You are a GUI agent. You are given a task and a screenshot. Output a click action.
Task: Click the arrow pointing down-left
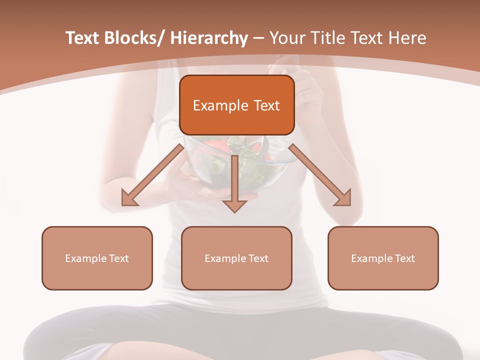pyautogui.click(x=153, y=175)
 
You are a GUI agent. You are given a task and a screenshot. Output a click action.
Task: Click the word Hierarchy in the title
pyautogui.click(x=208, y=38)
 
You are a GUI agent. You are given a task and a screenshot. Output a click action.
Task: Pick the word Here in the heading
pyautogui.click(x=409, y=38)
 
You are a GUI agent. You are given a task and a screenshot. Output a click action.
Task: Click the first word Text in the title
pyautogui.click(x=83, y=38)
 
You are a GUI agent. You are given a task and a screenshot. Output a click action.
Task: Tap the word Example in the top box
pyautogui.click(x=220, y=105)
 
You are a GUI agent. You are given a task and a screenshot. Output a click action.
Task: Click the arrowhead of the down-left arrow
pyautogui.click(x=128, y=198)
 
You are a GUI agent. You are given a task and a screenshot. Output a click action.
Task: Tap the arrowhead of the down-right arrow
pyautogui.click(x=344, y=198)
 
